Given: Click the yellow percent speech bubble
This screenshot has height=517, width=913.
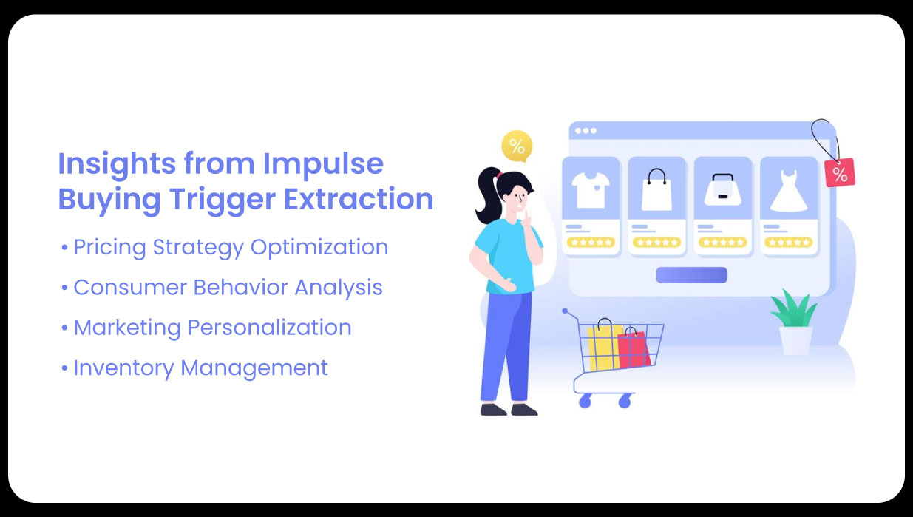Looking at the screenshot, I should tap(517, 145).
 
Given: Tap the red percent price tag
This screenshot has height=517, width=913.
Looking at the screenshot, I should tap(840, 173).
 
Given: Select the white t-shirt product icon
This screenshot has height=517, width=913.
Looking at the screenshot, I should tap(591, 190).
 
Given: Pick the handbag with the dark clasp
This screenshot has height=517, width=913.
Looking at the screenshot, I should tap(722, 191).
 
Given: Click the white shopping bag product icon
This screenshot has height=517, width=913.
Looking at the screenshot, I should tap(656, 191).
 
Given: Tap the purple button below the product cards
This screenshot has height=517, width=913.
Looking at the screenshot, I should tap(691, 275).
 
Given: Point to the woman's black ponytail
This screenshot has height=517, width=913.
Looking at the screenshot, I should tap(487, 196).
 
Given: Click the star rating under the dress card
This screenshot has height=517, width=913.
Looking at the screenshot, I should tap(788, 242).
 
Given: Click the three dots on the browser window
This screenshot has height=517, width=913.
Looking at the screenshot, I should tap(586, 131).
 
